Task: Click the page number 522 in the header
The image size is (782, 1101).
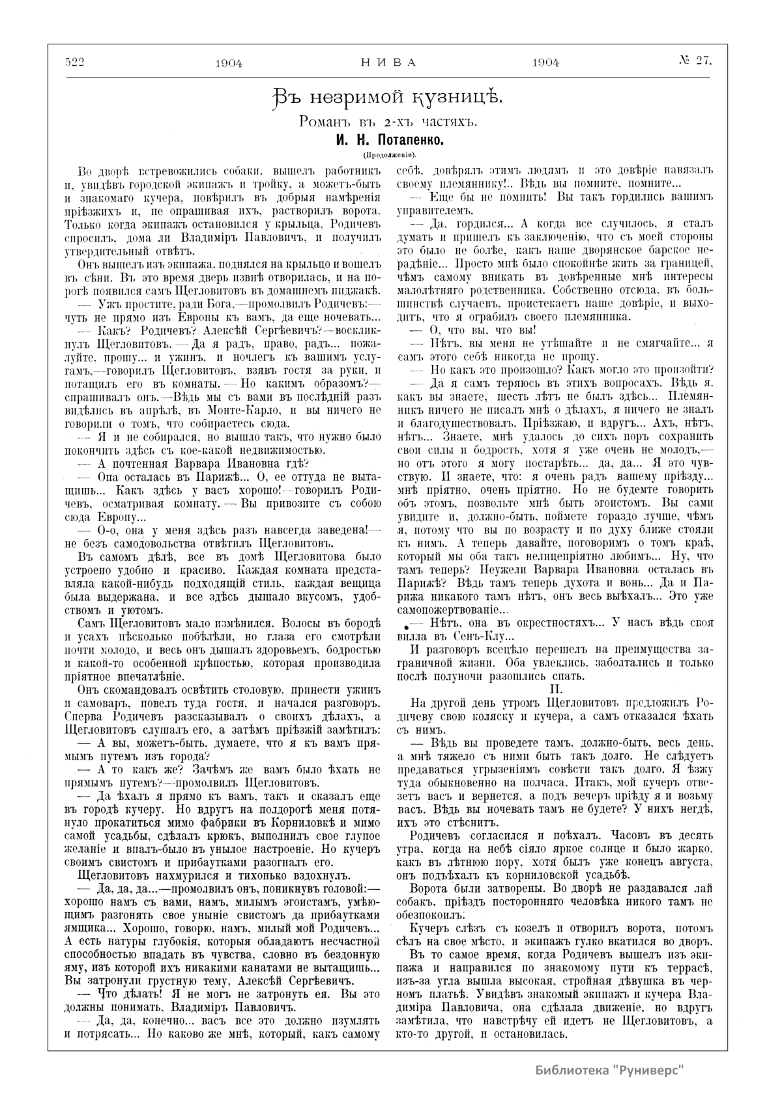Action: click(76, 62)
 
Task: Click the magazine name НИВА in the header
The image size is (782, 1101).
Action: click(388, 63)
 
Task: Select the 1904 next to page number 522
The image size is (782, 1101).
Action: click(228, 63)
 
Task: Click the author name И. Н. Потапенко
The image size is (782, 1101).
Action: click(389, 140)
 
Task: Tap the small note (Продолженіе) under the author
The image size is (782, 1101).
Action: click(389, 155)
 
